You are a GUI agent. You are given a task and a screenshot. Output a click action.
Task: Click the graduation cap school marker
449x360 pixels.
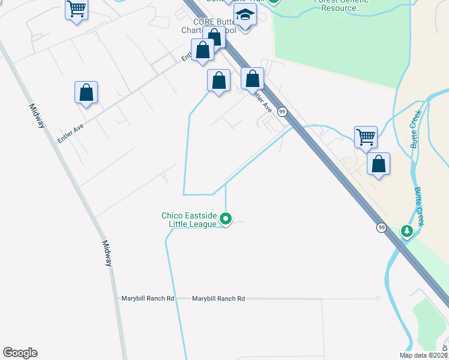(x=245, y=15)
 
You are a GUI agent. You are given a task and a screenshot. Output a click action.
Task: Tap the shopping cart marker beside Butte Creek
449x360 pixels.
(x=366, y=137)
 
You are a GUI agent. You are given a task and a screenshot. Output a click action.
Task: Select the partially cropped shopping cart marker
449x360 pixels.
(x=76, y=10)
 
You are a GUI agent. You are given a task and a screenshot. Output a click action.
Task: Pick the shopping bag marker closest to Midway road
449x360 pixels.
(x=86, y=92)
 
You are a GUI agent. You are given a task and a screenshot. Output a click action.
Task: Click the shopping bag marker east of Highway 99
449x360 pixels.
(x=378, y=164)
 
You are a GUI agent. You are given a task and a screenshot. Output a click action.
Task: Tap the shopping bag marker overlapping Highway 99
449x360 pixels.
(x=253, y=79)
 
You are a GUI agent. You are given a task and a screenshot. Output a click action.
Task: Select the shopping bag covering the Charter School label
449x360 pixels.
(x=214, y=37)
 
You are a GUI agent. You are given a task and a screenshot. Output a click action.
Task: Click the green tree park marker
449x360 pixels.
(x=408, y=231)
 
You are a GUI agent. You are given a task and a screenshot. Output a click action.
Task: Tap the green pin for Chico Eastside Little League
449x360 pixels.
(x=226, y=219)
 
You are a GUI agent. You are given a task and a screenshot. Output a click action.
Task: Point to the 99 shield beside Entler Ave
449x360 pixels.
(x=282, y=112)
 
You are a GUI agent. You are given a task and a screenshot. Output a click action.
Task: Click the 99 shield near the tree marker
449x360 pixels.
(x=382, y=227)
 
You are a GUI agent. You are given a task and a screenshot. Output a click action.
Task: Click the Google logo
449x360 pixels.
(x=20, y=353)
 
